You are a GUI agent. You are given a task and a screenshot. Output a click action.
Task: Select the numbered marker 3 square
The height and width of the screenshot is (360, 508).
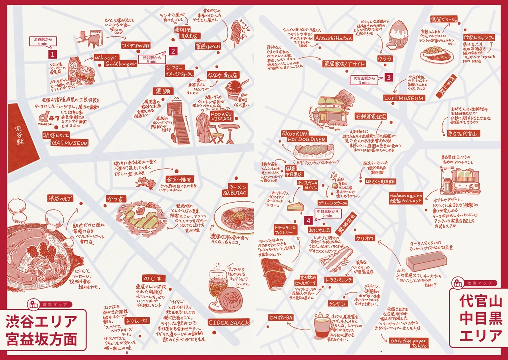tap(389, 77)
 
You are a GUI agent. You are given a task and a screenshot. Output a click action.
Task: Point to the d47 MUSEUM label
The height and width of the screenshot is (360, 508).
tap(65, 143)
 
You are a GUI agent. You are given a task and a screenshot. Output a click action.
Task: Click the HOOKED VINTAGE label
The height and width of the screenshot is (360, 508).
tap(221, 116)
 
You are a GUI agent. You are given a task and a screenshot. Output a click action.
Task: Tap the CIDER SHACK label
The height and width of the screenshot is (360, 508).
tap(229, 322)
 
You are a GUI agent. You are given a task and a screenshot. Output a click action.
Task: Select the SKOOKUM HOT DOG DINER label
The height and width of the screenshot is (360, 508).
tap(304, 137)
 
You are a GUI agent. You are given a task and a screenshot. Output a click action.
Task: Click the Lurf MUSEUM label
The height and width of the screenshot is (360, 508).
tap(404, 98)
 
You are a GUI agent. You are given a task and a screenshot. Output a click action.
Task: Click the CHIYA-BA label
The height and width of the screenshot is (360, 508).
tap(281, 317)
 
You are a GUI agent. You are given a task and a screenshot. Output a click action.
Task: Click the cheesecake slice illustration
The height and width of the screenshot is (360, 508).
tap(295, 205)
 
